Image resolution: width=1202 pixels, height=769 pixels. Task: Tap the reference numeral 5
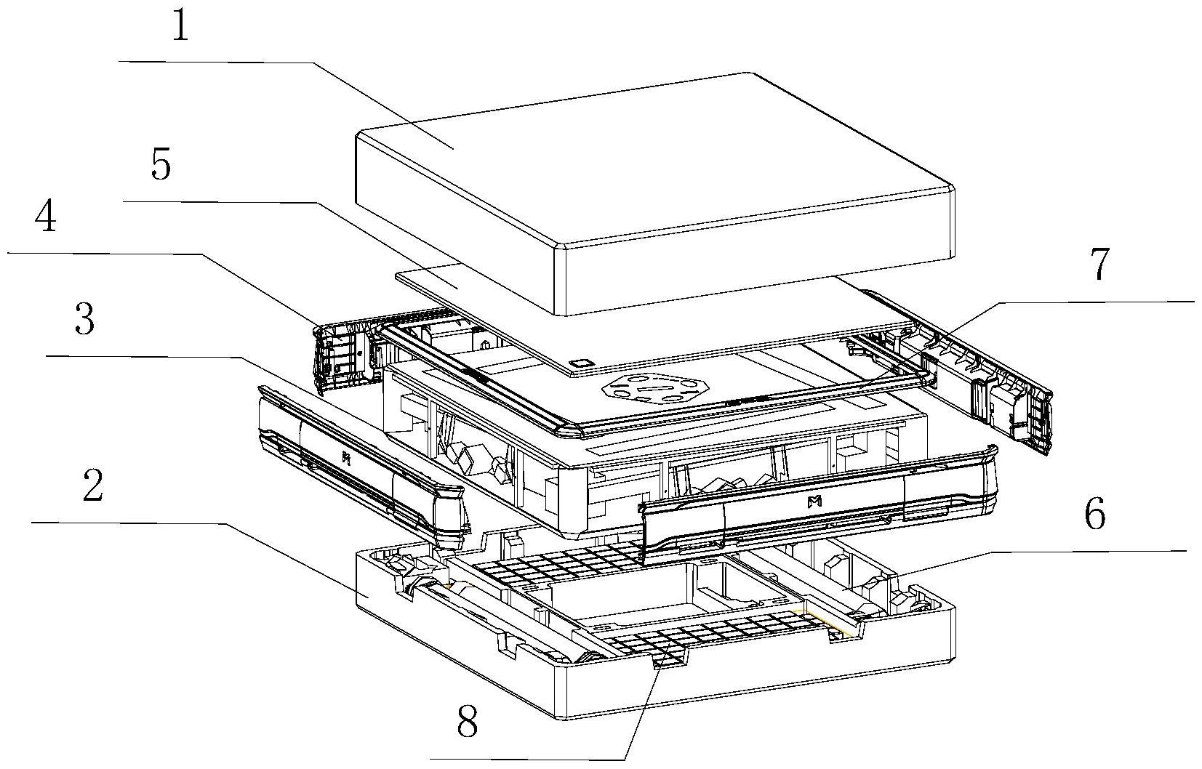[161, 165]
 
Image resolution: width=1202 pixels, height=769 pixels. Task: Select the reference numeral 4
[47, 217]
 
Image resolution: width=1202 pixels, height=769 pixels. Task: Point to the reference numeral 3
[84, 319]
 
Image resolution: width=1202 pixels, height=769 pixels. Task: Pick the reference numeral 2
[92, 486]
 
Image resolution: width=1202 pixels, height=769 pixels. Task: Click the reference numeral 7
[1099, 264]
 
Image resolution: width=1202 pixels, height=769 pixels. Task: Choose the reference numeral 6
[1094, 515]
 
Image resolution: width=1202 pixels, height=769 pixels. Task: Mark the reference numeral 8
[467, 722]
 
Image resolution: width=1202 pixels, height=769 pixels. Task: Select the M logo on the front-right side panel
[814, 501]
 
